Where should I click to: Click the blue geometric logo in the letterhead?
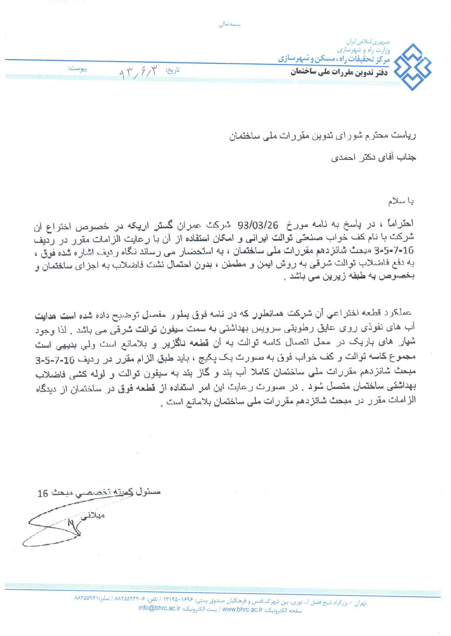tap(413, 67)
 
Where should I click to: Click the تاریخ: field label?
tap(173, 70)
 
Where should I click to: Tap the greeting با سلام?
tap(400, 202)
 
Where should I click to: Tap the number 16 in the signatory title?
tap(43, 493)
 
